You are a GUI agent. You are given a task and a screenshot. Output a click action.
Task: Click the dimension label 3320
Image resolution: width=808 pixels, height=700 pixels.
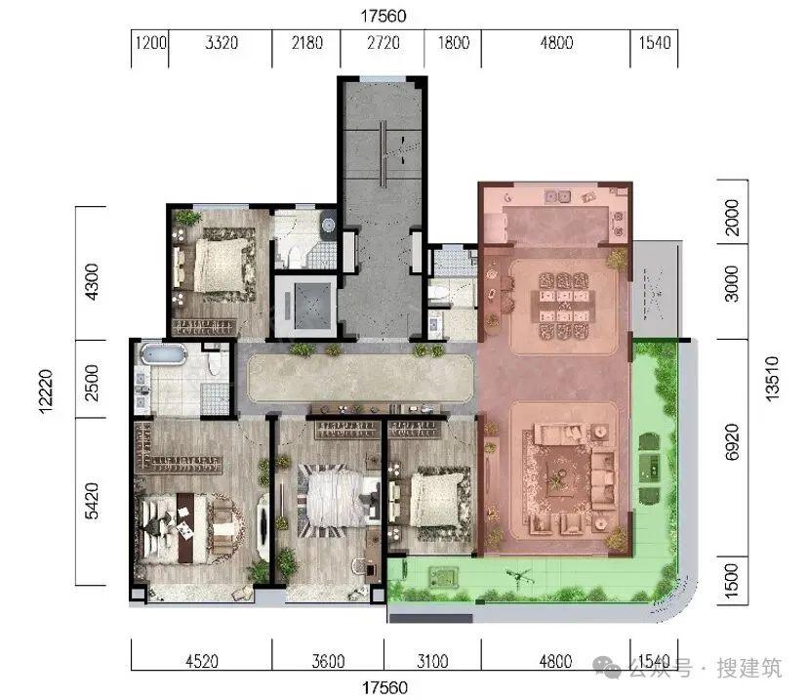222,43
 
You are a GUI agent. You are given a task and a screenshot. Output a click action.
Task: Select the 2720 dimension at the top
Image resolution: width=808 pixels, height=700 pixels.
383,43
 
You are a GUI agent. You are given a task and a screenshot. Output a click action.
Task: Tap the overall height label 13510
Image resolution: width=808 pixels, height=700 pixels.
773,379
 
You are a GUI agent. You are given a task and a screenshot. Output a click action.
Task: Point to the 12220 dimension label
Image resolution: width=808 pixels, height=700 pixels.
46,391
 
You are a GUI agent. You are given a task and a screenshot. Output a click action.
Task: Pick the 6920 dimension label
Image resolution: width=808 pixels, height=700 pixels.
732,442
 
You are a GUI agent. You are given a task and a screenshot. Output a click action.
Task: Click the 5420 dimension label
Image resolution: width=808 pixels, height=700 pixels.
91,501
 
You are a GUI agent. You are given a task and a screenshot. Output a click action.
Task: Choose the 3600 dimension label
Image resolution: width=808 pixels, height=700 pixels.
328,660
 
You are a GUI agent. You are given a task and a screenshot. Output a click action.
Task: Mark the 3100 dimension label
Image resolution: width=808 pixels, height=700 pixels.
432,660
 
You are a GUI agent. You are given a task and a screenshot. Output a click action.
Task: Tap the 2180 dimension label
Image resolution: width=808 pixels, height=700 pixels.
307,43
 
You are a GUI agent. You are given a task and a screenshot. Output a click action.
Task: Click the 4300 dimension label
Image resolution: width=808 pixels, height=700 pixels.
91,282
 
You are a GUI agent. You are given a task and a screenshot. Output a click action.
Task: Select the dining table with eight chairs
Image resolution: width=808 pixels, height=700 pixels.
564,307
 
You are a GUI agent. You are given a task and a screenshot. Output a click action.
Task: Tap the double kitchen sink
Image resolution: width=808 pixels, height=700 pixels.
558,196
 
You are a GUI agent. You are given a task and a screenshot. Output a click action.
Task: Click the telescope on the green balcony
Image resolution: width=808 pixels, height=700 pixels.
519,578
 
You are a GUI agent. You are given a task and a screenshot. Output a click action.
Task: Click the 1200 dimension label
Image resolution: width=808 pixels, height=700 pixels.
150,43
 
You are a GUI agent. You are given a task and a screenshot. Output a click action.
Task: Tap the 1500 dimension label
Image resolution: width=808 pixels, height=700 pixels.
732,581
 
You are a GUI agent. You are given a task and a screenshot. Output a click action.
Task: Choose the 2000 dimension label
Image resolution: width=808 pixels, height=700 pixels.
732,218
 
